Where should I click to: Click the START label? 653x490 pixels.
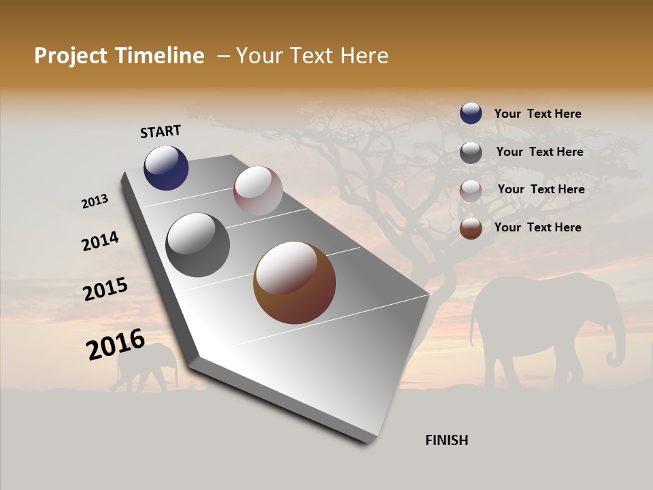click(x=161, y=131)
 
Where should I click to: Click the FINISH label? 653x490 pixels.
click(x=446, y=440)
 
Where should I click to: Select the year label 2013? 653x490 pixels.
click(x=95, y=201)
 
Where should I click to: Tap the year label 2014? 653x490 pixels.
click(x=101, y=241)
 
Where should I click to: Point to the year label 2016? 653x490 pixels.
click(x=116, y=344)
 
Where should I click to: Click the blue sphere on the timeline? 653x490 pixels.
click(x=166, y=167)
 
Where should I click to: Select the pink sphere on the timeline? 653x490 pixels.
click(x=258, y=191)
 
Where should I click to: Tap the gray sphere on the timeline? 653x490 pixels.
click(x=198, y=245)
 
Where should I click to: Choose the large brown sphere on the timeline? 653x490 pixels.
click(x=295, y=282)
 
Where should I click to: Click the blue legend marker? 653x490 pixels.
click(x=471, y=113)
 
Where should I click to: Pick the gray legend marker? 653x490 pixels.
click(x=471, y=152)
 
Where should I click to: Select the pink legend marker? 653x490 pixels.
click(x=471, y=190)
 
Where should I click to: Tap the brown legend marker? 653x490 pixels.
click(x=471, y=228)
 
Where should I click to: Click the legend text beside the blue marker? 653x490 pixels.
click(x=537, y=114)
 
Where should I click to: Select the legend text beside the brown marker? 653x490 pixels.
click(x=537, y=227)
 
